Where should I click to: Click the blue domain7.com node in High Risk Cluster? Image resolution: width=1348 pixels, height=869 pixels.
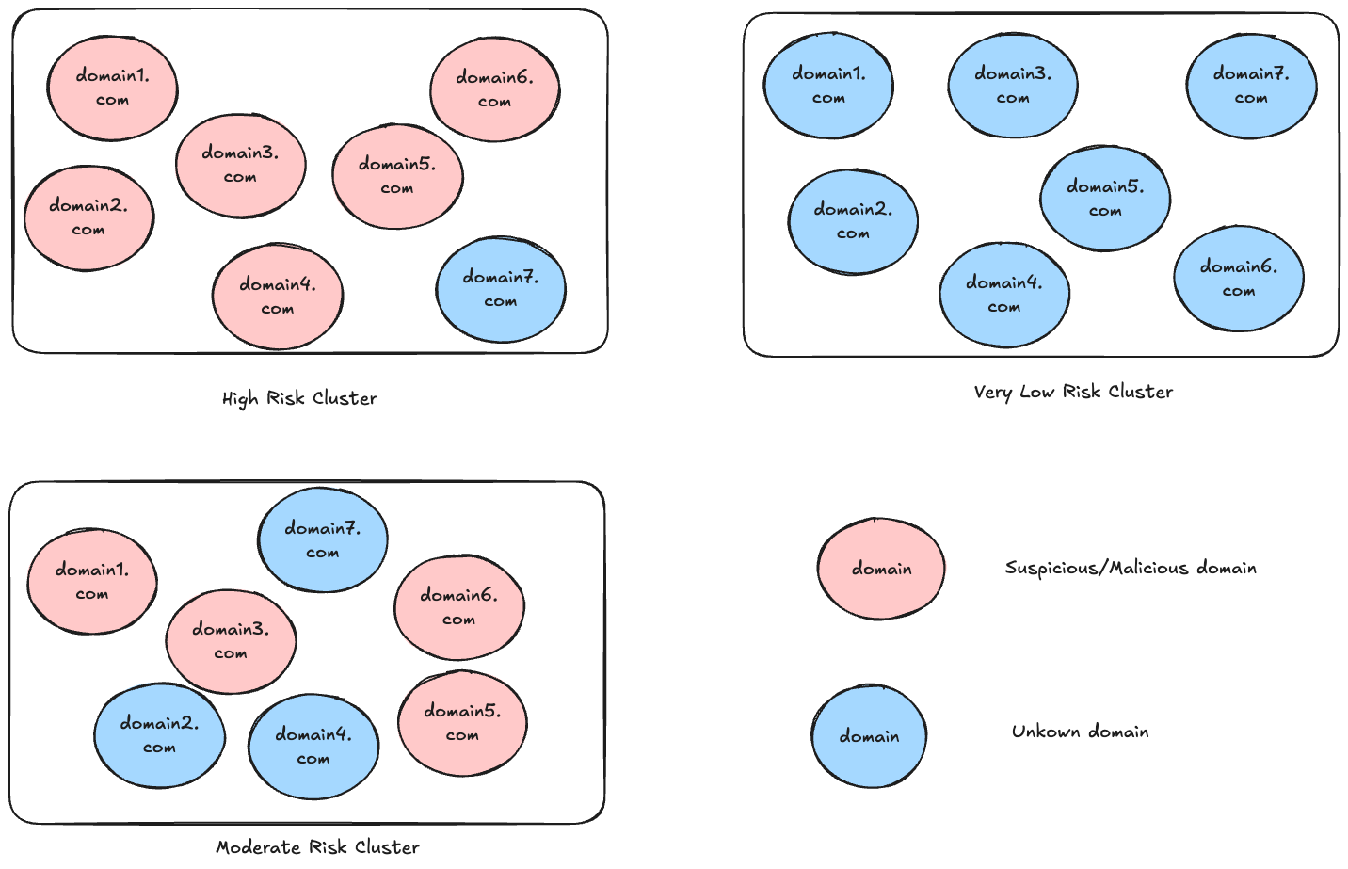(501, 290)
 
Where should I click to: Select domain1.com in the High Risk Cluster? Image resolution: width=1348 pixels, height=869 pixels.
(113, 89)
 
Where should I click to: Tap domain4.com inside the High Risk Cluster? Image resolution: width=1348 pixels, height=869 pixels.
(277, 297)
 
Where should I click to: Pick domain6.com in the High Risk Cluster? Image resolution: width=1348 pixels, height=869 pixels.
(495, 89)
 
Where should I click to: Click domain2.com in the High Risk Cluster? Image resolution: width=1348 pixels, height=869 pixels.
(88, 218)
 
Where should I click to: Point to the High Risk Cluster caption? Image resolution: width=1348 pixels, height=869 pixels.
(299, 398)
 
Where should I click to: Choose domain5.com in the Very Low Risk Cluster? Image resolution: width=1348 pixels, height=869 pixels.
(1105, 199)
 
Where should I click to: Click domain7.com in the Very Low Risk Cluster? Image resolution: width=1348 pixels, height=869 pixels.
(1251, 86)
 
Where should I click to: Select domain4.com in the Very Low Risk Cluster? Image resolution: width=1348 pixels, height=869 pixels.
(1004, 295)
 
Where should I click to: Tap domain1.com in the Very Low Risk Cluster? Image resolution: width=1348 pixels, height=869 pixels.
(828, 86)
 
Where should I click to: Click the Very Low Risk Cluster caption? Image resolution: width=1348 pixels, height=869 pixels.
(1073, 392)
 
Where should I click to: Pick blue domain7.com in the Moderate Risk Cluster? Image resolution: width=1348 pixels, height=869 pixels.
(323, 540)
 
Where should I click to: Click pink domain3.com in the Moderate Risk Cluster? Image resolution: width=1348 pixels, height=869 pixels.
(231, 641)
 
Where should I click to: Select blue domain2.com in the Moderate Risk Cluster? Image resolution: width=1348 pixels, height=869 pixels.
(159, 735)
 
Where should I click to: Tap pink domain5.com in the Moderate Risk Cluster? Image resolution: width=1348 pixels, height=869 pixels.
(462, 723)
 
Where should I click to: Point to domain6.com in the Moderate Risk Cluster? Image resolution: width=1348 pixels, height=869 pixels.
(458, 607)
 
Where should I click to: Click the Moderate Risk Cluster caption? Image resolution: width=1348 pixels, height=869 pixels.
(317, 847)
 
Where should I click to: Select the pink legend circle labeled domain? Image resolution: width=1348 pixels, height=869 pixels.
(881, 569)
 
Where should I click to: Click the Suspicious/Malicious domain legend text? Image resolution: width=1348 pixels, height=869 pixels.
(1131, 568)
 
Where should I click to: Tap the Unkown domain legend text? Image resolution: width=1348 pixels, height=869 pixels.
(1080, 732)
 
